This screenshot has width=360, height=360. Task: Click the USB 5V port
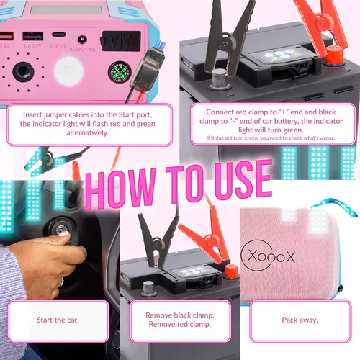pyautogui.click(x=32, y=37)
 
